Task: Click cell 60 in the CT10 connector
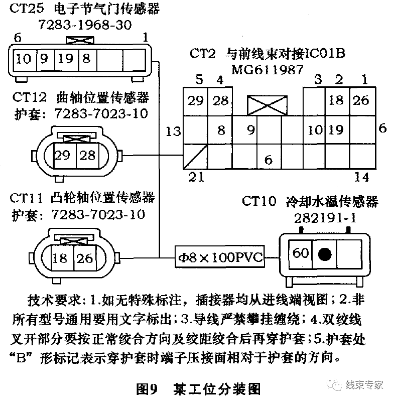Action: coord(301,253)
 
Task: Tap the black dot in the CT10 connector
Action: coord(325,254)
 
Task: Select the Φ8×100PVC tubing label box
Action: coord(220,257)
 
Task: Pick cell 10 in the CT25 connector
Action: coord(23,59)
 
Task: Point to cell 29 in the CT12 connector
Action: coord(62,155)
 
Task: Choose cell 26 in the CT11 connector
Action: coord(85,258)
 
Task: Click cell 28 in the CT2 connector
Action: coord(220,100)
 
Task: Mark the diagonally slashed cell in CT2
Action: coord(194,156)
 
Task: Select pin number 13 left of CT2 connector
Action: coord(173,131)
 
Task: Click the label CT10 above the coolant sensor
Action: coord(258,202)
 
